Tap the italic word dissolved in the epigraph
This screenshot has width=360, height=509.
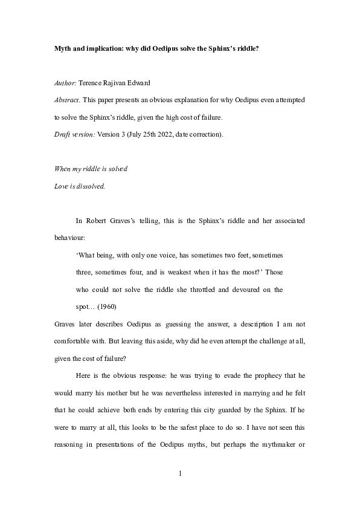coord(88,186)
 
